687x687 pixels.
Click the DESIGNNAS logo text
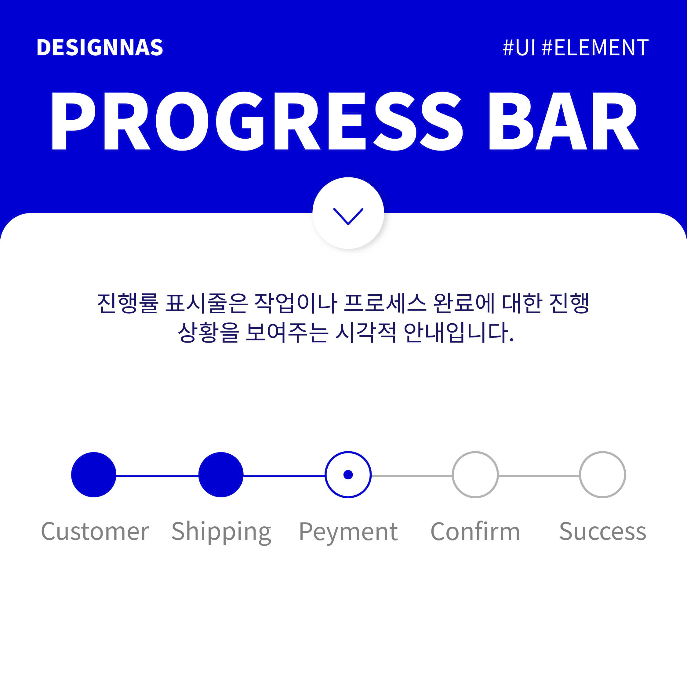100,48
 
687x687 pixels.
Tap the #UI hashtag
519,48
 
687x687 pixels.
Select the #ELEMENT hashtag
595,48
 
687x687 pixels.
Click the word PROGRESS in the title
257,121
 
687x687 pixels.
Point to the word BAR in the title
564,121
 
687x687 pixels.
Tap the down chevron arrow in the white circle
348,216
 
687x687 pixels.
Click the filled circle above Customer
94,475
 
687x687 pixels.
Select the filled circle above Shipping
221,475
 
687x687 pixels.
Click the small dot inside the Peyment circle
348,475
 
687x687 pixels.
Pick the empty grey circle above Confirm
453,475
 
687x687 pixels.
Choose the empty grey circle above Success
580,475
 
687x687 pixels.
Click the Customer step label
95,532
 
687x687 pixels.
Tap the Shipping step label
221,532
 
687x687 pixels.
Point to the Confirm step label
475,531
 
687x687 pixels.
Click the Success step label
603,532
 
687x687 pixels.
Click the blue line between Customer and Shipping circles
157,475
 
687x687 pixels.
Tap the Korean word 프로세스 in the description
385,303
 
